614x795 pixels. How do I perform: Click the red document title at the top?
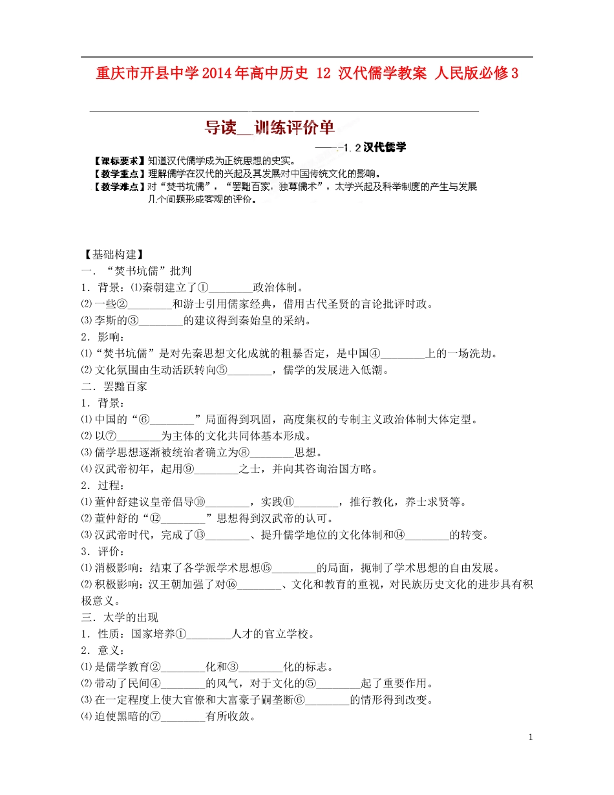coord(307,73)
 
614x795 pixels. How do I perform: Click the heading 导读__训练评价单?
coord(270,128)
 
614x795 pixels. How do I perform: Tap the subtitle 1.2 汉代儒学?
coord(375,147)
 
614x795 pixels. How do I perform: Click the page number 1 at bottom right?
coord(531,737)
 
